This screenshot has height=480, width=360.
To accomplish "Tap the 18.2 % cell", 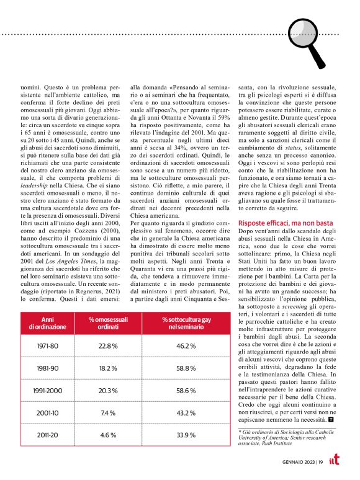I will [109, 368].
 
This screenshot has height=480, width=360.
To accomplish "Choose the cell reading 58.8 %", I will [182, 368].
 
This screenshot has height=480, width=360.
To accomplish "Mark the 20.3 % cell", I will [109, 391].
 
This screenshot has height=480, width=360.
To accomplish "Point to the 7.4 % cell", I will [109, 412].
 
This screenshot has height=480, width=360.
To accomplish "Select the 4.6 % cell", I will [109, 435].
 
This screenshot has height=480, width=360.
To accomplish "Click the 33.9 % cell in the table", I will [182, 435].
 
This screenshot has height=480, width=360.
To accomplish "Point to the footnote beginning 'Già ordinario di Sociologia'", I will [283, 438].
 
